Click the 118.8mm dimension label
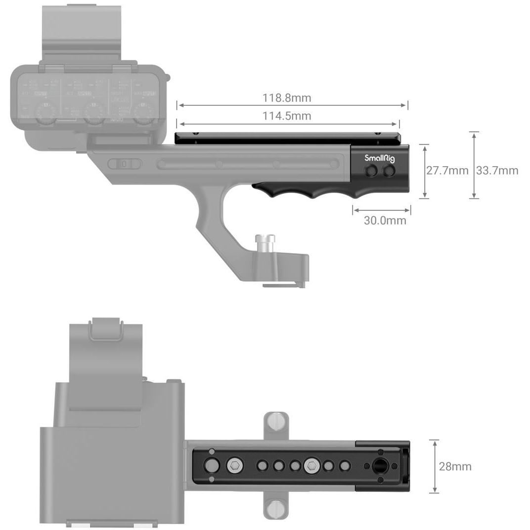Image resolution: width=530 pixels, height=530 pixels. pyautogui.click(x=287, y=97)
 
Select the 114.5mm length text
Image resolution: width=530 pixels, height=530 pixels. pyautogui.click(x=287, y=116)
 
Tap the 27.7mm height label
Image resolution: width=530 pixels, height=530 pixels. pyautogui.click(x=447, y=171)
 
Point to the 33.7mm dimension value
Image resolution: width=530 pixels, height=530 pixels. pyautogui.click(x=497, y=171)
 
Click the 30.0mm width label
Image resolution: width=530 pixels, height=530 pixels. pyautogui.click(x=385, y=221)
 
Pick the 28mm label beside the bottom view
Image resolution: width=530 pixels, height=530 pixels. pyautogui.click(x=455, y=466)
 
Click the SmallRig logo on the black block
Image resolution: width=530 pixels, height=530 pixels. pyautogui.click(x=380, y=159)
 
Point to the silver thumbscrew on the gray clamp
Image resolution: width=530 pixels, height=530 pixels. pyautogui.click(x=265, y=243)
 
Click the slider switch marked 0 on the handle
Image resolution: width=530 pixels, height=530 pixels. pyautogui.click(x=124, y=164)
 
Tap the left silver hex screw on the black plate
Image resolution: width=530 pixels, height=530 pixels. pyautogui.click(x=234, y=465)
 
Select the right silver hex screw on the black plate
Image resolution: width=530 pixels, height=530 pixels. pyautogui.click(x=311, y=465)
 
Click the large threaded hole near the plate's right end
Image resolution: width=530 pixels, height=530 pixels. pyautogui.click(x=381, y=466)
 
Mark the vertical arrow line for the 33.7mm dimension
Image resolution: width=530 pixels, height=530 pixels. pyautogui.click(x=474, y=165)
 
